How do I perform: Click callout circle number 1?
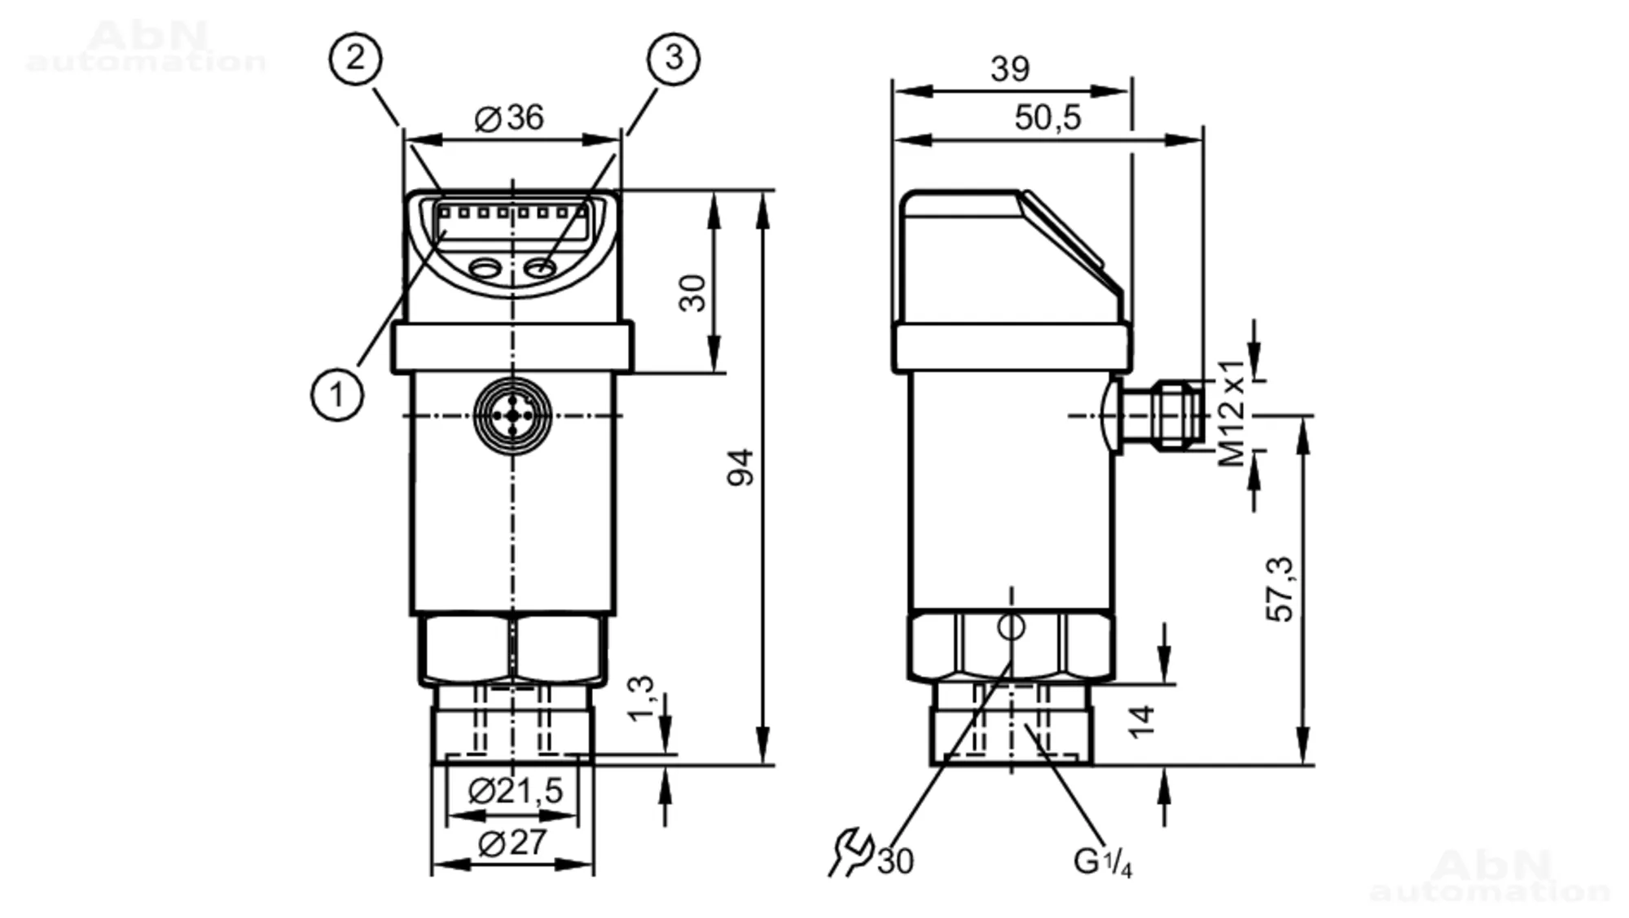tap(337, 395)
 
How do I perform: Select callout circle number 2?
tap(355, 58)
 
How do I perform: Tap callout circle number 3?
tap(674, 58)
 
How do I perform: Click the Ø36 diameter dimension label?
tap(509, 118)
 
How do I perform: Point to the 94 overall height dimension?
tap(740, 467)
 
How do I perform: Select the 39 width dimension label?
tap(1010, 68)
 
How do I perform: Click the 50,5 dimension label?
tap(1047, 117)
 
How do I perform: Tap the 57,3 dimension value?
tap(1280, 589)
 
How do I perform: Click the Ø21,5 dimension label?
tap(516, 790)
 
